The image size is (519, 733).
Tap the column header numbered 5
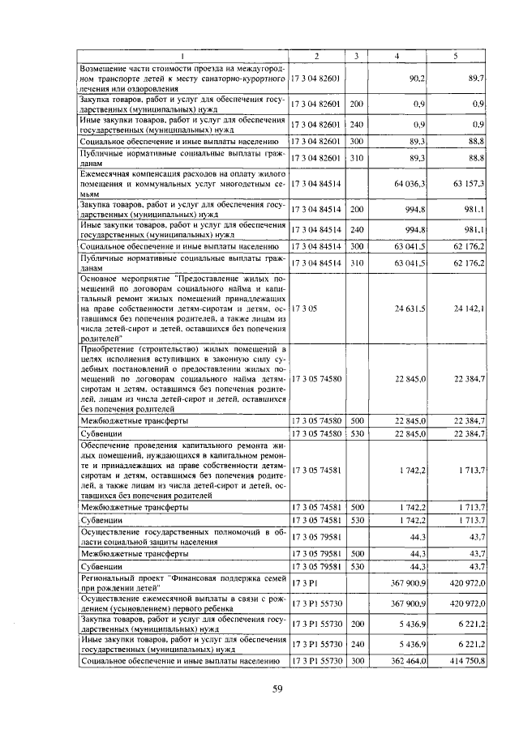click(457, 55)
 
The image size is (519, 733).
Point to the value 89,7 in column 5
click(476, 78)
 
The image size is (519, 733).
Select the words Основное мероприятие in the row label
click(120, 277)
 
